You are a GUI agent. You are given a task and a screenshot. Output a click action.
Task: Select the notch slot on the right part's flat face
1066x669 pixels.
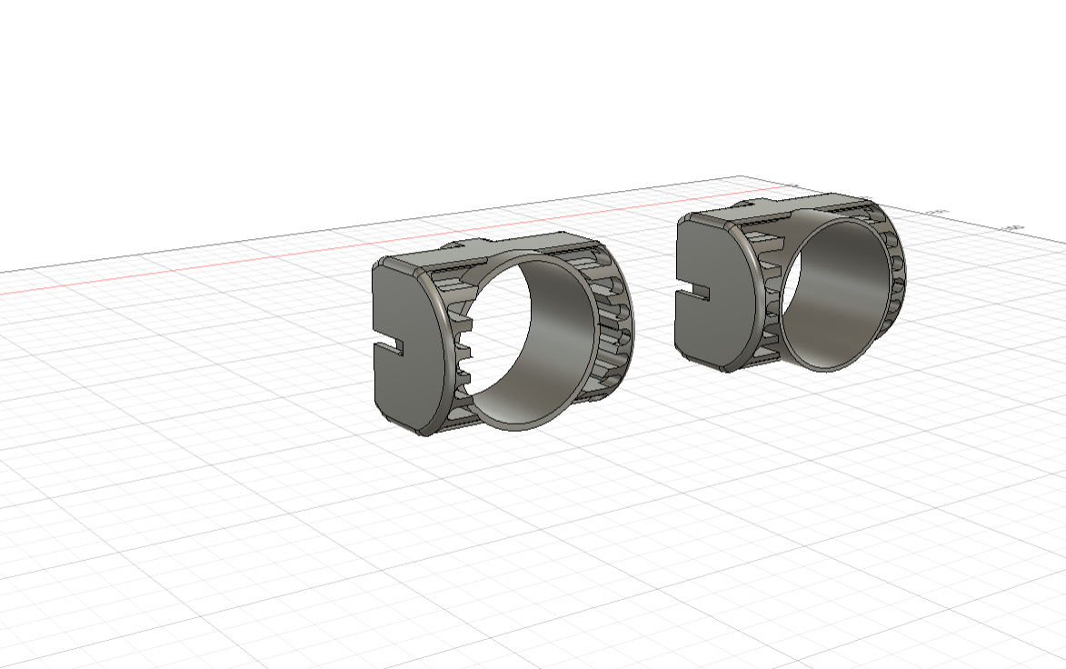pyautogui.click(x=692, y=293)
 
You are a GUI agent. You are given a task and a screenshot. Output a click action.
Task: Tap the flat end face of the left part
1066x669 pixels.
pyautogui.click(x=409, y=309)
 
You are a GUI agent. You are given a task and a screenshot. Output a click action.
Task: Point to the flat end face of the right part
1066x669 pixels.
pyautogui.click(x=709, y=264)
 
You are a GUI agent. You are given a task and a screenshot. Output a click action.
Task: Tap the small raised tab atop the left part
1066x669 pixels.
pyautogui.click(x=463, y=244)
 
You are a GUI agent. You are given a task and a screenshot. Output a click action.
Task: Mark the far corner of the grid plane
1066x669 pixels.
pyautogui.click(x=741, y=176)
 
